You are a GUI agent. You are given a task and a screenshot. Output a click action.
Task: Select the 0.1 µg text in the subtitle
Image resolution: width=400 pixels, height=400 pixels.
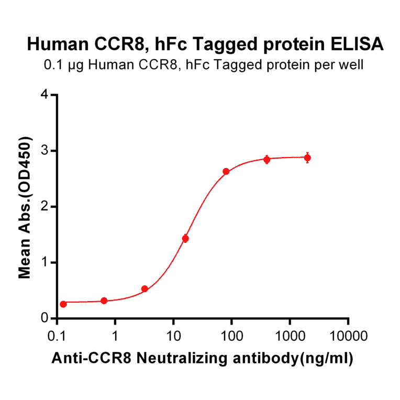tap(59, 65)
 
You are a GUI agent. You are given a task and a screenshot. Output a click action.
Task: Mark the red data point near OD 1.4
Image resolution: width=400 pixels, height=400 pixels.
tap(185, 238)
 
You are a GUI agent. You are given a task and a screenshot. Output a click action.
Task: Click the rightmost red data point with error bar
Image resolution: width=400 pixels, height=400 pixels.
tap(307, 158)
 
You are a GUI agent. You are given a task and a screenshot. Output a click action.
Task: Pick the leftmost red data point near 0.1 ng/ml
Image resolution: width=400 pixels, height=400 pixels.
tap(63, 304)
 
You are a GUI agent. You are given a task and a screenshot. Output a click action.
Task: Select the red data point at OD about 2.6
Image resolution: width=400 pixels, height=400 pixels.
tap(226, 171)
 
